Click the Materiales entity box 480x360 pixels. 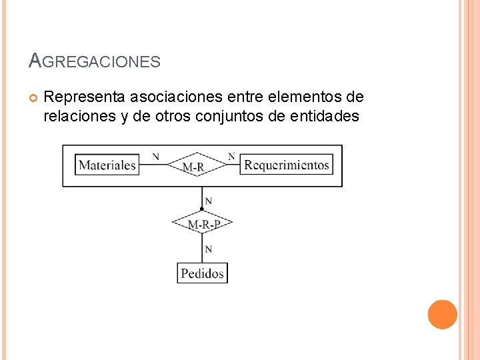107,165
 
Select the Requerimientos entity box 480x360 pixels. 286,165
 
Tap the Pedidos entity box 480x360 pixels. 202,273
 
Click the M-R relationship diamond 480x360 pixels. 193,165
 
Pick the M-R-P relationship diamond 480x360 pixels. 202,224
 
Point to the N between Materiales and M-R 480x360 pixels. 155,157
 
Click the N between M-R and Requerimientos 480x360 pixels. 231,157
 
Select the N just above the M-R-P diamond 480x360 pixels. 209,200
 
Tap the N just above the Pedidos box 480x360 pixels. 209,249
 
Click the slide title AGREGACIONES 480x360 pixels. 95,62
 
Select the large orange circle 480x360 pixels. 442,315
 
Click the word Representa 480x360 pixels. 84,97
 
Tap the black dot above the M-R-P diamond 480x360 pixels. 202,209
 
